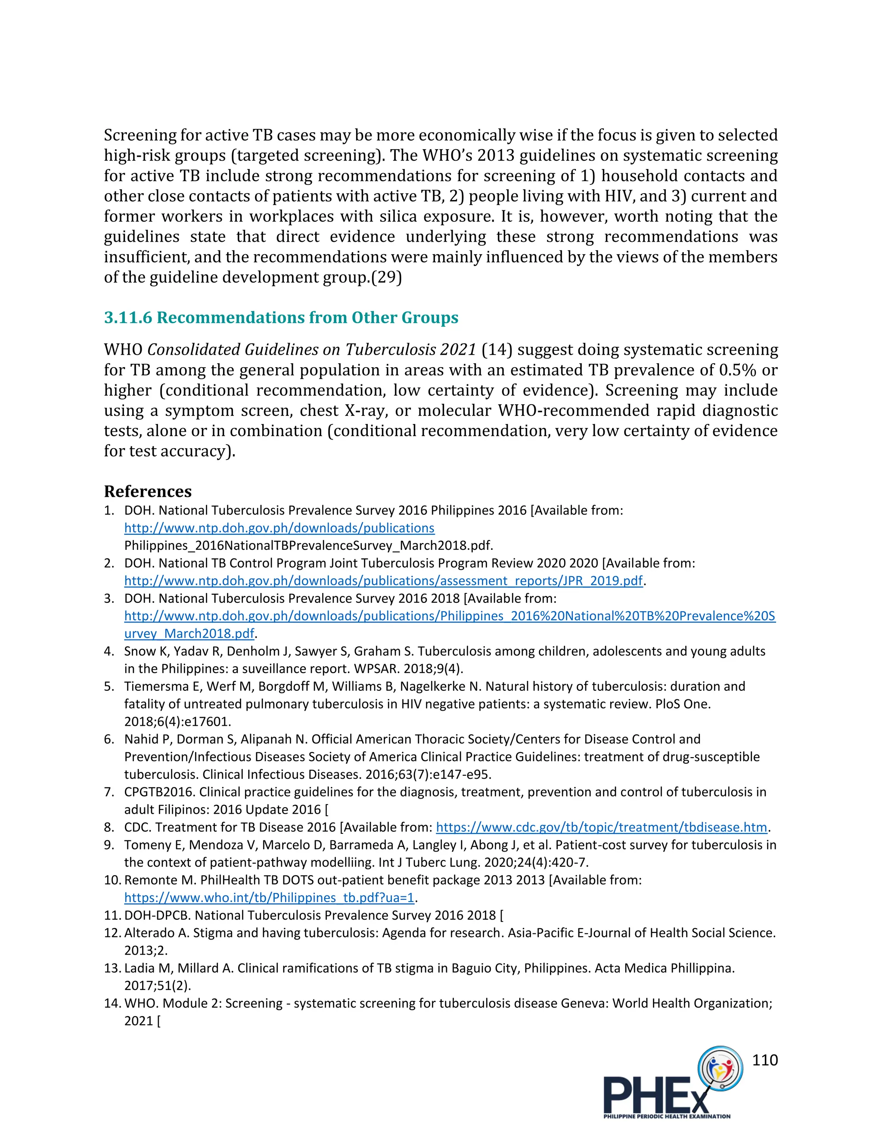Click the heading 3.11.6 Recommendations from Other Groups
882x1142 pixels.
coord(281,318)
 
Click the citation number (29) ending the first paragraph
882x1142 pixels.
coord(386,277)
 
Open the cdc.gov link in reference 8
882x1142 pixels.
coord(601,827)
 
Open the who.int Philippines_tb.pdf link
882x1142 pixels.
coord(269,898)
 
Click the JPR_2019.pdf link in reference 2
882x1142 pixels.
coord(383,581)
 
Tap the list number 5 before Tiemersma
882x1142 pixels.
coord(108,686)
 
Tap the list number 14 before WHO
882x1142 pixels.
coord(112,1003)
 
